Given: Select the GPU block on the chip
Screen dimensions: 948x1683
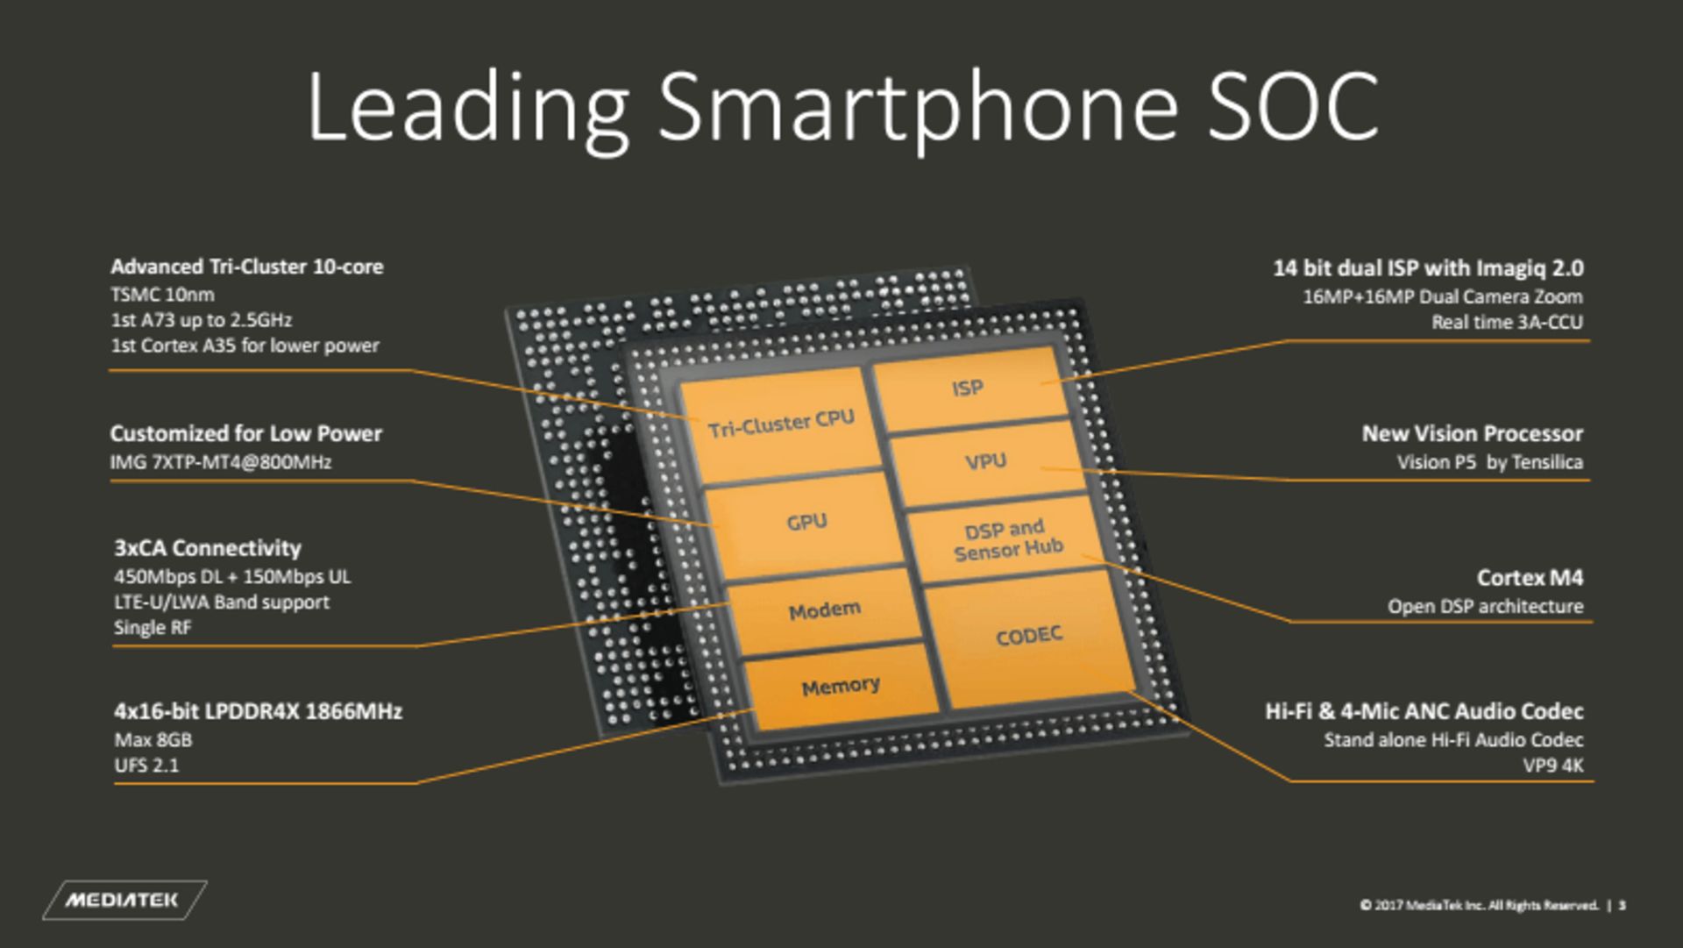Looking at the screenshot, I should point(806,523).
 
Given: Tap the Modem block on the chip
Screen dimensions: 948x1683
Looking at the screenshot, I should point(824,610).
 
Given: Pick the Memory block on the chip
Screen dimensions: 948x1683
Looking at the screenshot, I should point(840,687).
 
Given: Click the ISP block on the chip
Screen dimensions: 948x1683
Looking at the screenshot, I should point(968,388).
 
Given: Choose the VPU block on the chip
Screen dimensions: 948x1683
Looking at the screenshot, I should point(985,461).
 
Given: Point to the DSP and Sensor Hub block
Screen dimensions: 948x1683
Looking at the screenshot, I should point(1007,540).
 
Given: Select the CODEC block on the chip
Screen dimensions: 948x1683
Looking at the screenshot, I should point(1029,636).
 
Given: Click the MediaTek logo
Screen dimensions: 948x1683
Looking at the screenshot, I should point(123,900).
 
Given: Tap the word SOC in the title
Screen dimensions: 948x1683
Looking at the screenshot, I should point(1293,107).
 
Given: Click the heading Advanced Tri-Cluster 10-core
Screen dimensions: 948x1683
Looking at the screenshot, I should point(246,267).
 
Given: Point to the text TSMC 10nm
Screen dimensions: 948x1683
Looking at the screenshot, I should point(162,295).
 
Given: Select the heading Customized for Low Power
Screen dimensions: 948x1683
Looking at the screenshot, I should point(245,433).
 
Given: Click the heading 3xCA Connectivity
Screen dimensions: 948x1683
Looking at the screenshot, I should point(207,548).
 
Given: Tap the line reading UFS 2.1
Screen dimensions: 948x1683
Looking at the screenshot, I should point(146,766).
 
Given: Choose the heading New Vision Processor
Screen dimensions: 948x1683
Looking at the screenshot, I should point(1472,433).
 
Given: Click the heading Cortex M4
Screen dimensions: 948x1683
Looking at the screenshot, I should point(1530,578).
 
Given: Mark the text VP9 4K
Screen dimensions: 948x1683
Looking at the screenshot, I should point(1552,766).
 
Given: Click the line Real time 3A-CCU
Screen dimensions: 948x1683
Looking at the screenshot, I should point(1507,323).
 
